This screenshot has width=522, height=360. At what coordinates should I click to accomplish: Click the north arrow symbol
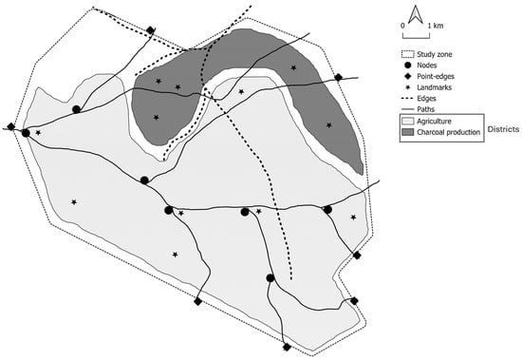coord(416,15)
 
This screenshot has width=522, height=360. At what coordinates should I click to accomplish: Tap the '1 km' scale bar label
coord(436,26)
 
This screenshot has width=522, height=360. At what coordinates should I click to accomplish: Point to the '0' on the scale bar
coord(402,26)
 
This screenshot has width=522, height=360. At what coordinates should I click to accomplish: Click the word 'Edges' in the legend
coord(426,99)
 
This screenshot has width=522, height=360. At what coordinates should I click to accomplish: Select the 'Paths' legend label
coord(426,109)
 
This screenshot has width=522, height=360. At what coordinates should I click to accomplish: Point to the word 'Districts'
coord(503,129)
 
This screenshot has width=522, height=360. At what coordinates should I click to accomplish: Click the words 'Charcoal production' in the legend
coord(448,132)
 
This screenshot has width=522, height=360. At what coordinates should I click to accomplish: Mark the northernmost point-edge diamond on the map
coord(151,30)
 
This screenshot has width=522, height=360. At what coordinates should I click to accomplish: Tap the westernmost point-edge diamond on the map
coord(11,126)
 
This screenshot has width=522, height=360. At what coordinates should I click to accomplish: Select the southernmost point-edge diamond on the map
coord(287,347)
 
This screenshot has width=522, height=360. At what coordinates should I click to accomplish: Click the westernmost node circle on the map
coord(26,133)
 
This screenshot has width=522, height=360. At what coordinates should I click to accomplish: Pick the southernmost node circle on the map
coord(270,277)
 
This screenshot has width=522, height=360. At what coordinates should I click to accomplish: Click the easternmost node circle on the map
coord(327,210)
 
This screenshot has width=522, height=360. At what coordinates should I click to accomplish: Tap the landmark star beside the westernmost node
coord(38,133)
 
